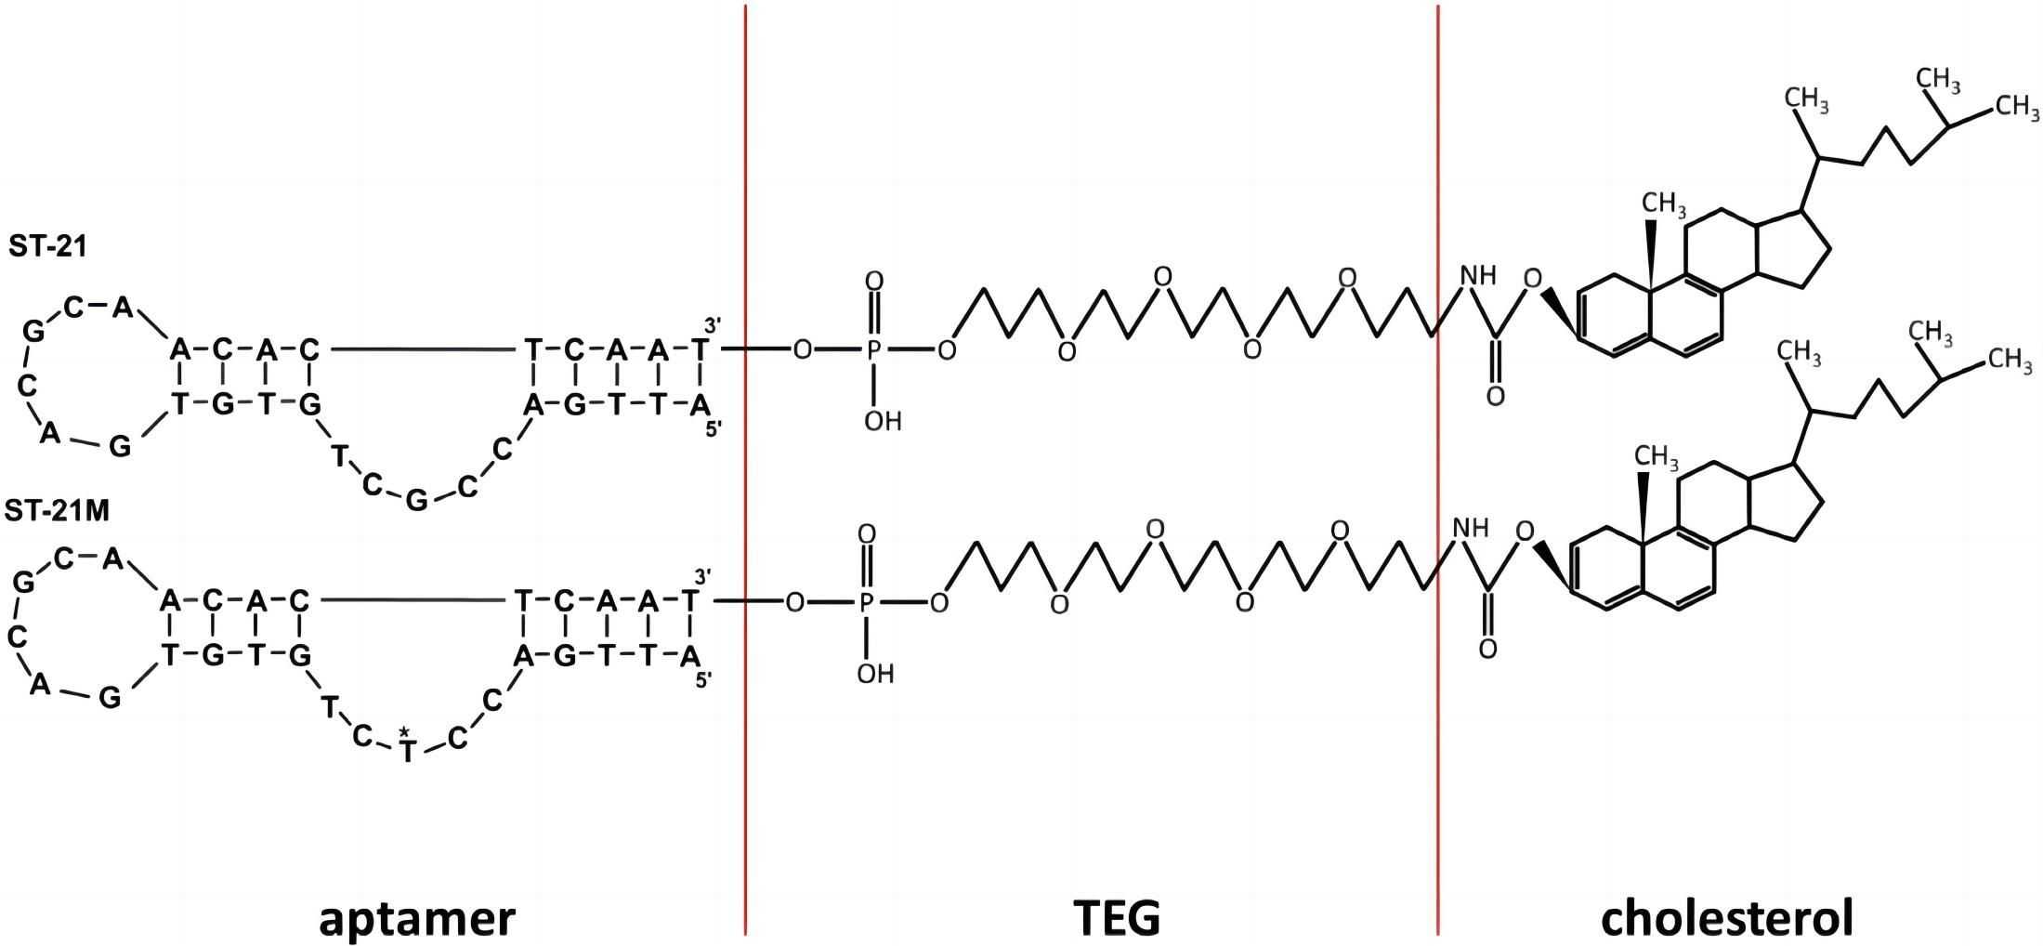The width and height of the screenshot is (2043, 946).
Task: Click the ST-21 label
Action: click(x=47, y=246)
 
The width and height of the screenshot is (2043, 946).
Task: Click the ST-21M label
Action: click(x=57, y=511)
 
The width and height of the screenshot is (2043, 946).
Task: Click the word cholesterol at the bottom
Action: click(x=1727, y=918)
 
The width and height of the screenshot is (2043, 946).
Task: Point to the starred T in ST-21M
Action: click(x=406, y=749)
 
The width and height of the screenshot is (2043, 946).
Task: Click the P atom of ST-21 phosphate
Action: click(x=873, y=350)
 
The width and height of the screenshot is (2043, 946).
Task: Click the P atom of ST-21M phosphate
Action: click(x=866, y=603)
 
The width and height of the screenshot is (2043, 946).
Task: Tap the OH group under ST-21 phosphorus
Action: click(x=883, y=422)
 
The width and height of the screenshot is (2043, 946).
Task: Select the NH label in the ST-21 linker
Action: click(x=1478, y=276)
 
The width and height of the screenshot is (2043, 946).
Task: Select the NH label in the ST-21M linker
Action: click(x=1471, y=529)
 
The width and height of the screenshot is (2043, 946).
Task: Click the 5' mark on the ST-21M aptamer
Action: click(x=703, y=680)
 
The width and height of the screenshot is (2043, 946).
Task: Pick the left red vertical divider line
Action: click(x=745, y=465)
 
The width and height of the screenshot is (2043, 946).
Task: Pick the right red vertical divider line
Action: click(x=1438, y=465)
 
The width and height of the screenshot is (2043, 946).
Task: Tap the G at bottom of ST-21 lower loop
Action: click(x=417, y=502)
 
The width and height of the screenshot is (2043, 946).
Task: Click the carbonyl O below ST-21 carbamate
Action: click(x=1495, y=397)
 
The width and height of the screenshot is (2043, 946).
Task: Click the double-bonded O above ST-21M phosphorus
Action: click(x=867, y=534)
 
